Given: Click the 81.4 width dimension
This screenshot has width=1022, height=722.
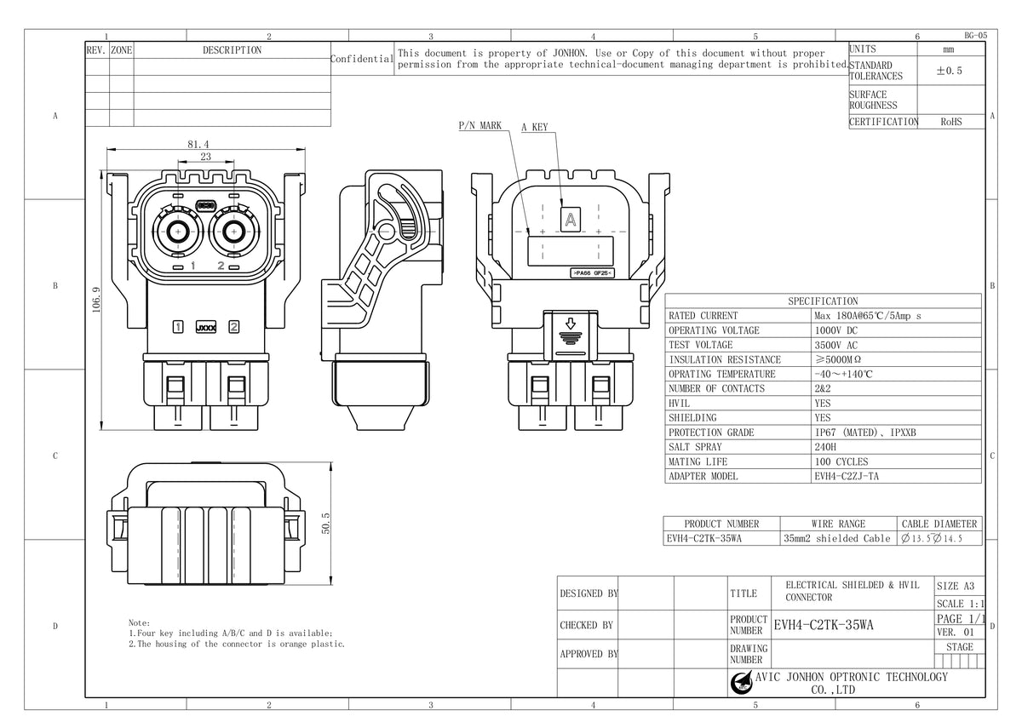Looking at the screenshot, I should pos(198,144).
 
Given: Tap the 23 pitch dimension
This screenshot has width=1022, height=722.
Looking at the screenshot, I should pos(205,158).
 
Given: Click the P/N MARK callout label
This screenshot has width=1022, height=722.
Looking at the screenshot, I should pos(479,126).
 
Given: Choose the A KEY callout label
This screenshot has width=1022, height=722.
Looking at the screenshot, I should pos(535,128).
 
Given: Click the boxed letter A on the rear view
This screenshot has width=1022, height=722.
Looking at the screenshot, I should pos(570,219).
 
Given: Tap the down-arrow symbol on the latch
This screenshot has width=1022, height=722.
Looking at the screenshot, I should pos(571,324).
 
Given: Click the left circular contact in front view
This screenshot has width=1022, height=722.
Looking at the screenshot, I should pos(178,231).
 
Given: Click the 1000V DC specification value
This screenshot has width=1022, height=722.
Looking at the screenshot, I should pos(836,330).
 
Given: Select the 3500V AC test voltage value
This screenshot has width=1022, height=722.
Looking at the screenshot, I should pos(836,345).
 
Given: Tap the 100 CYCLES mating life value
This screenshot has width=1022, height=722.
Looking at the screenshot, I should pos(841,461).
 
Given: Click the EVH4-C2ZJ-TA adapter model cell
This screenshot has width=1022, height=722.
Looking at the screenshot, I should pos(847,476).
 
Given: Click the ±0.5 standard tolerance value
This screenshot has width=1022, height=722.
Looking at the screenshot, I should pos(949,72).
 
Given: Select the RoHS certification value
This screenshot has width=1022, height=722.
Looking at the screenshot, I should pos(951,122).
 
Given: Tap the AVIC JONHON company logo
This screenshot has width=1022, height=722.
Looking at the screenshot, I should pos(741,683).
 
